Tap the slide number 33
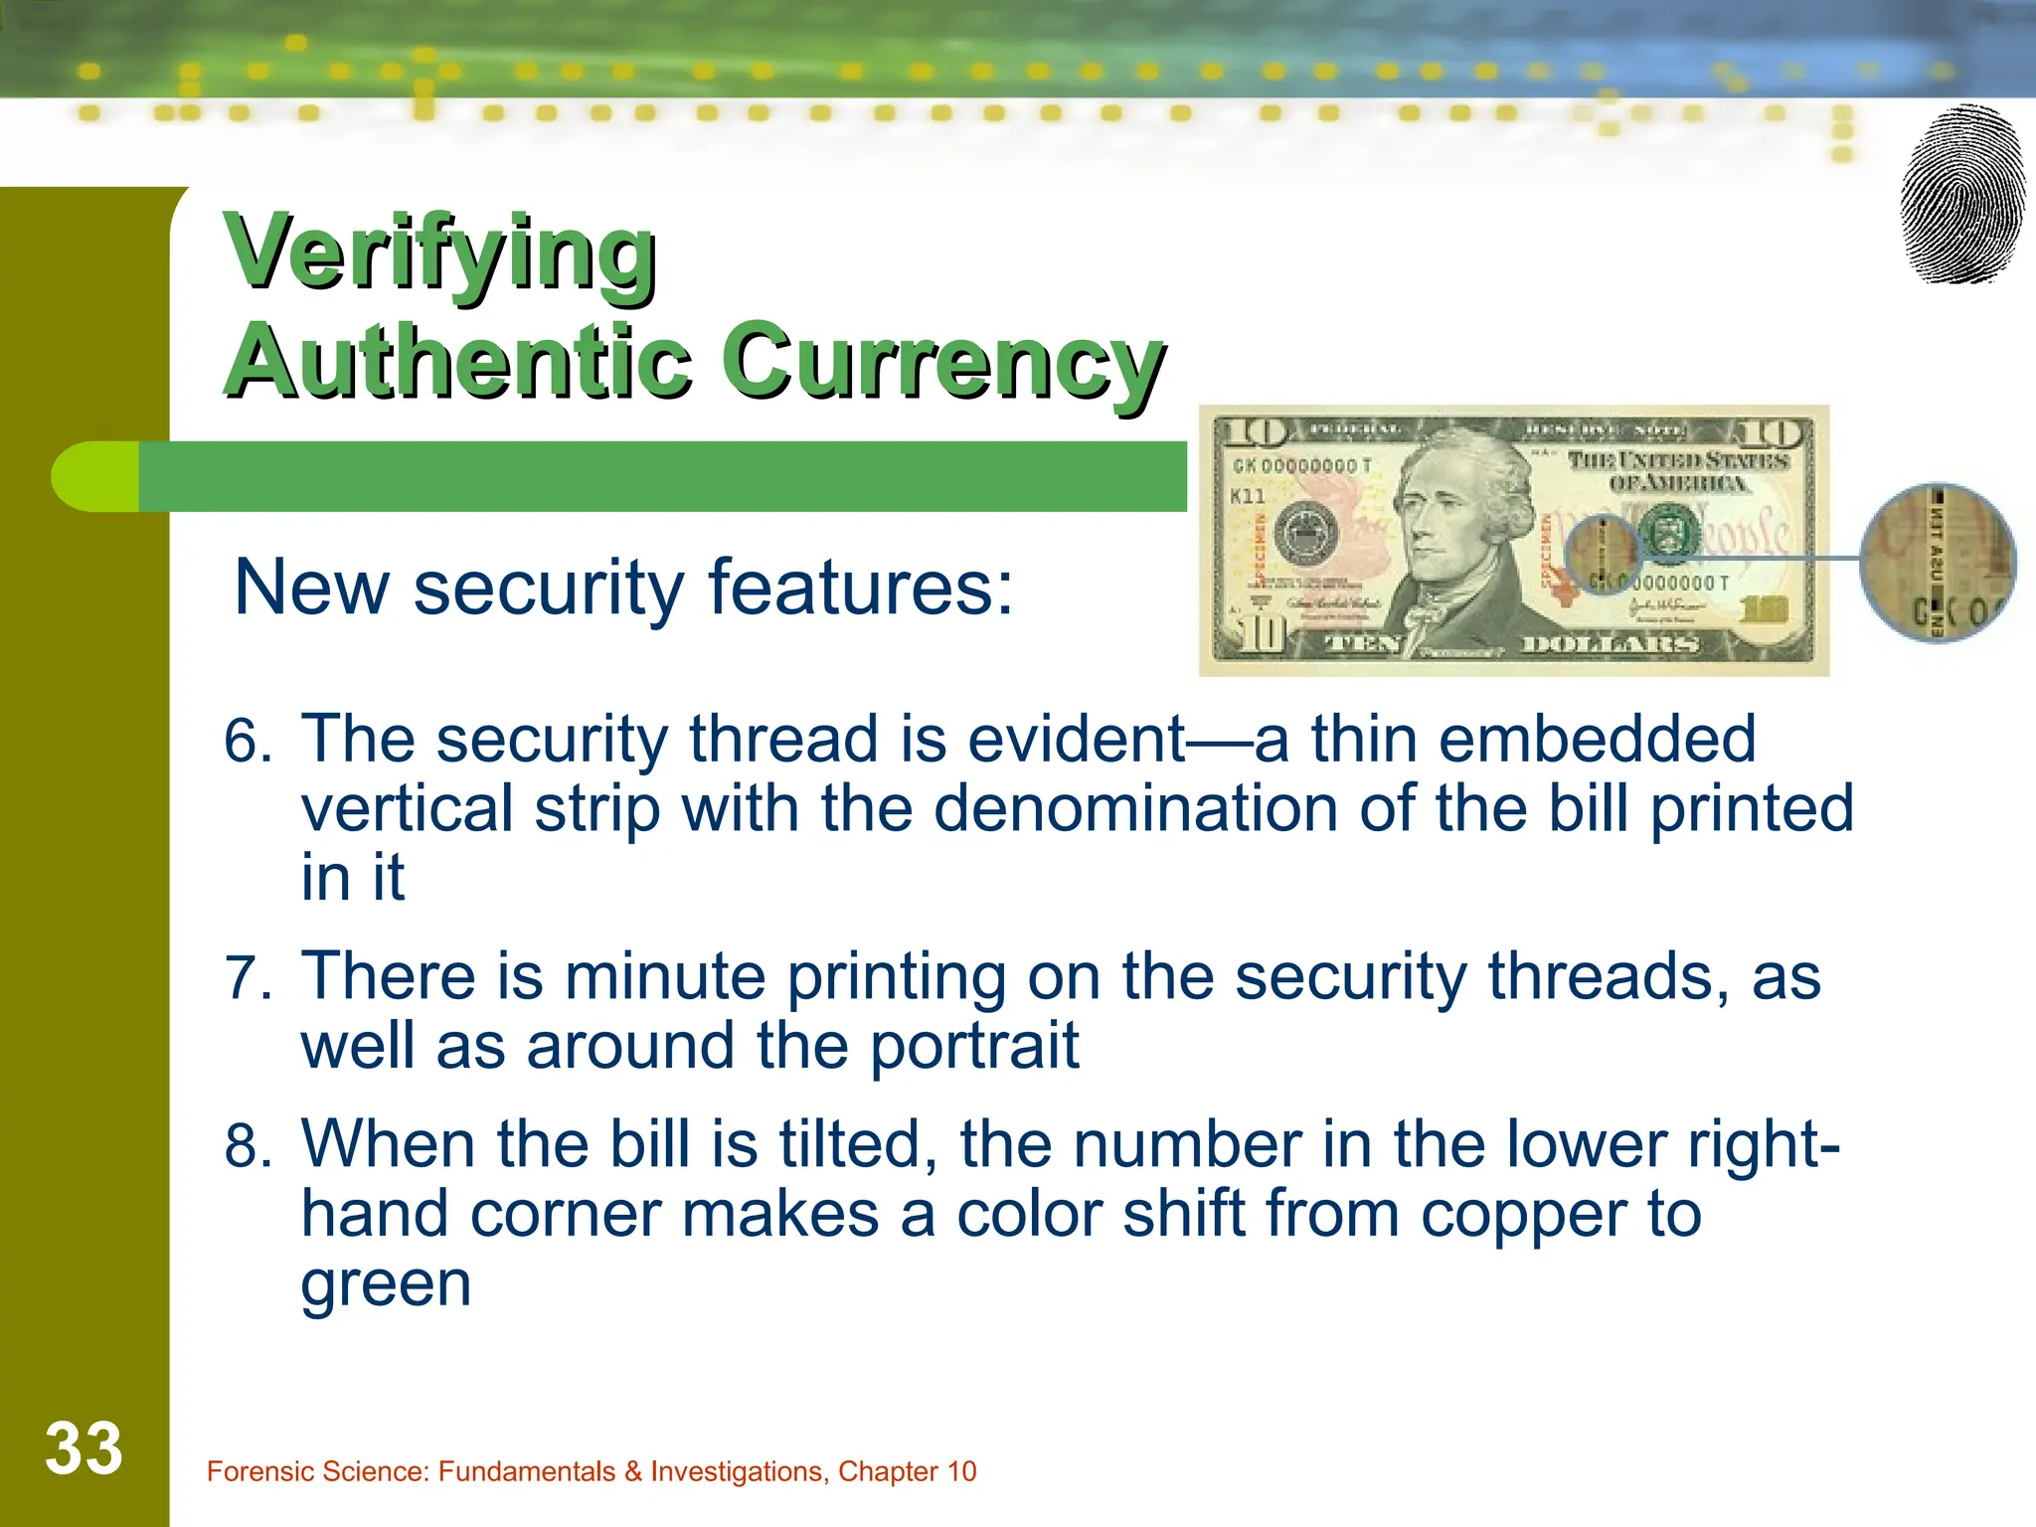point(84,1448)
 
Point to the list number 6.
point(247,741)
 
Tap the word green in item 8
point(386,1283)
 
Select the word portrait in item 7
point(974,1046)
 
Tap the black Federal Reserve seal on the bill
point(1305,534)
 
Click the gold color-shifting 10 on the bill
point(1764,610)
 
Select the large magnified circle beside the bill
point(1938,563)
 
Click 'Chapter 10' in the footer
point(907,1471)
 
